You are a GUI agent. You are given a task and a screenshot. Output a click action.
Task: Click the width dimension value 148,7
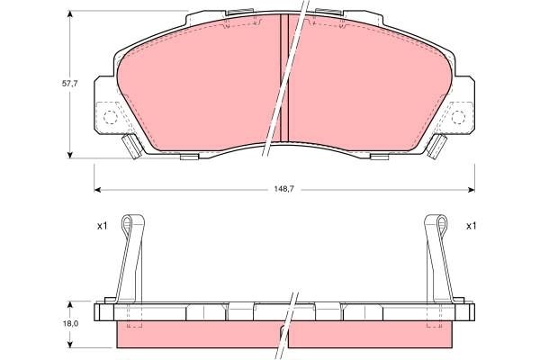[284, 189]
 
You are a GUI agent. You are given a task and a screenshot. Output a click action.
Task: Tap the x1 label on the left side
[102, 226]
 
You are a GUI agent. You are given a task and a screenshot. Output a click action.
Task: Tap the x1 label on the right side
[470, 226]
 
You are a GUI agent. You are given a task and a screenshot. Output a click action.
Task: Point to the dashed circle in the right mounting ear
[458, 117]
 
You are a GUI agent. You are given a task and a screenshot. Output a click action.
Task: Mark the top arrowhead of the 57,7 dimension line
[73, 17]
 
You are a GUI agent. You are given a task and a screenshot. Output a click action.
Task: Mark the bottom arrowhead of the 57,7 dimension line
[73, 154]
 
